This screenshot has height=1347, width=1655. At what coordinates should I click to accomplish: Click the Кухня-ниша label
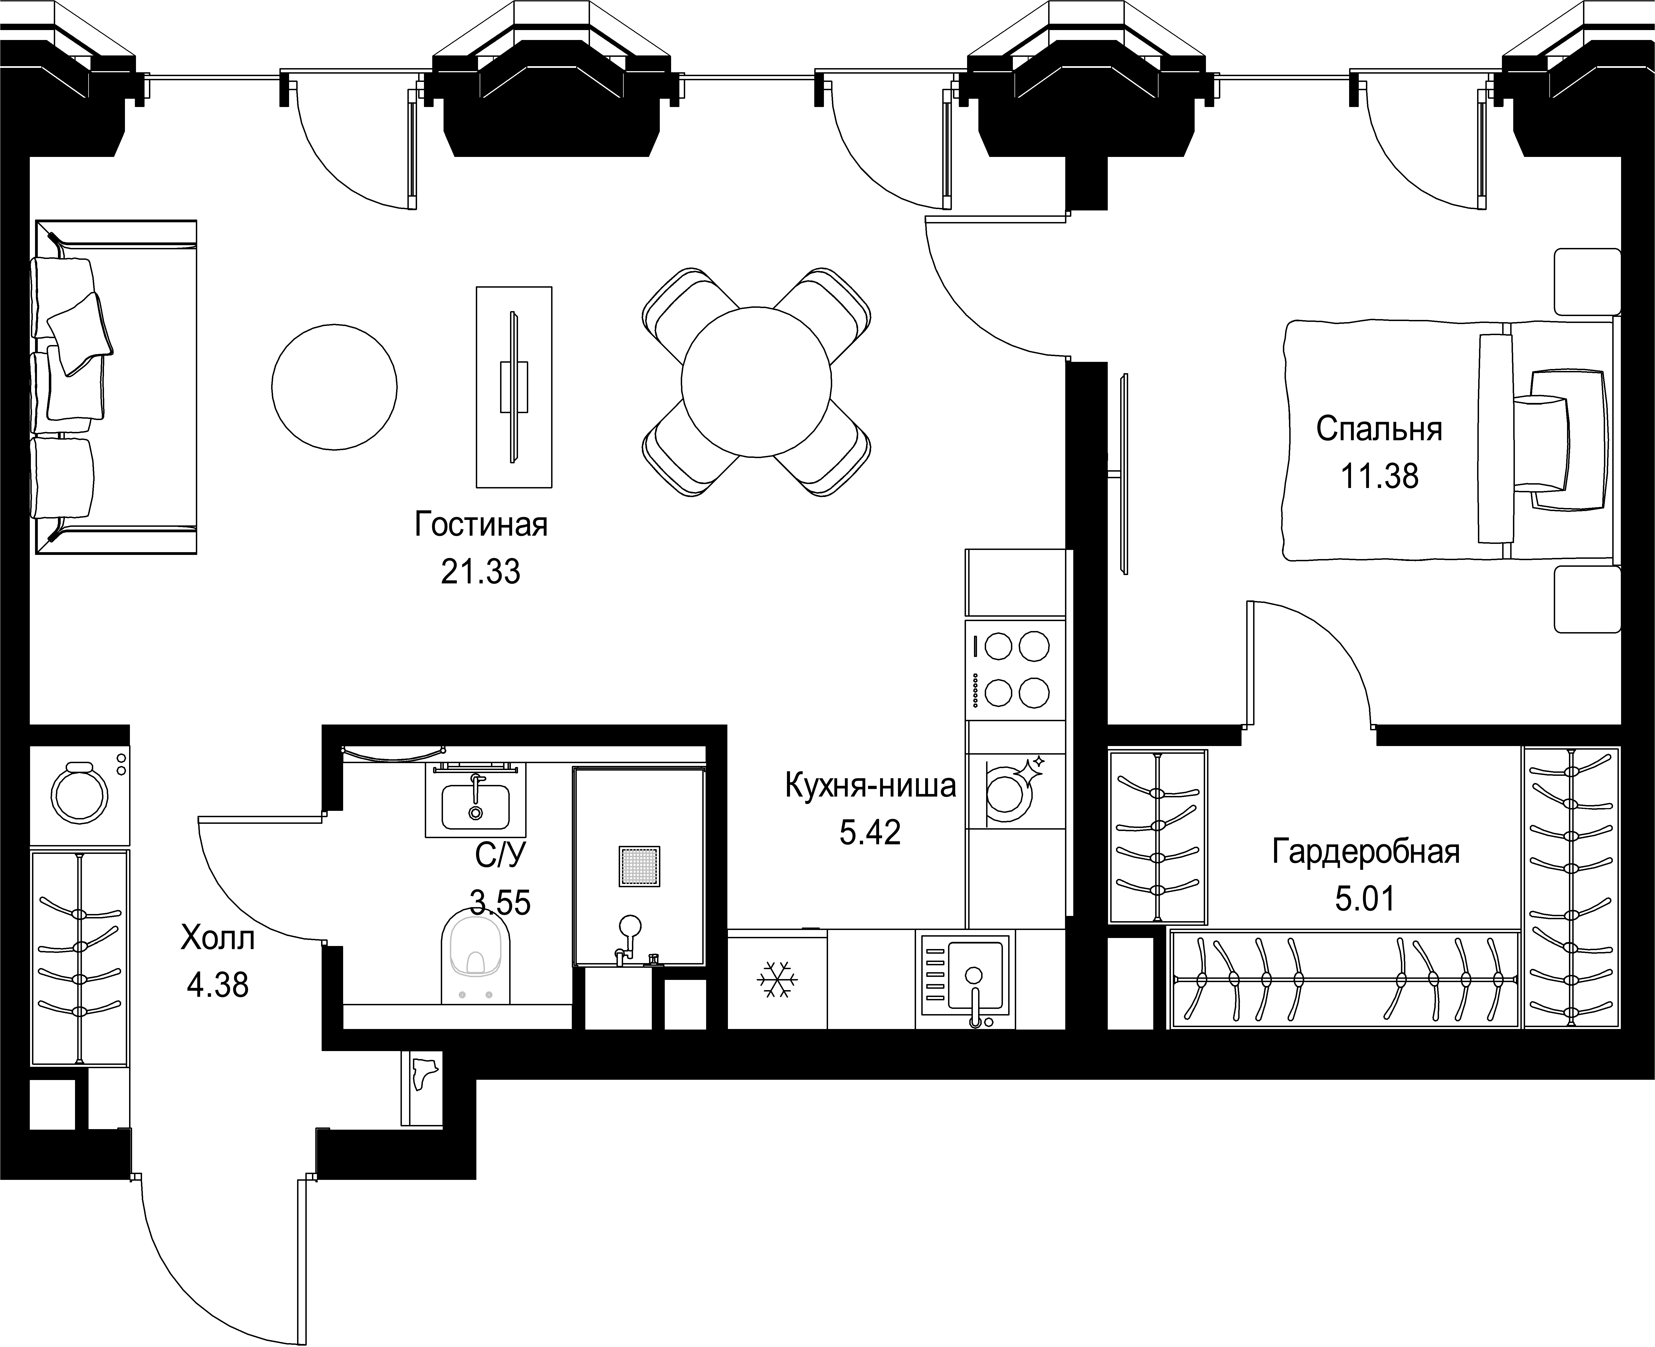coord(871,786)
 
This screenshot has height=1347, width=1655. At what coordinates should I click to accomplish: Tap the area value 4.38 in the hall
coord(218,985)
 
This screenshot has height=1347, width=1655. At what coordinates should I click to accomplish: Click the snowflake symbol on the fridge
coord(777,980)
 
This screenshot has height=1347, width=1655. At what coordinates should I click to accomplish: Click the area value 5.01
coord(1366,899)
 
